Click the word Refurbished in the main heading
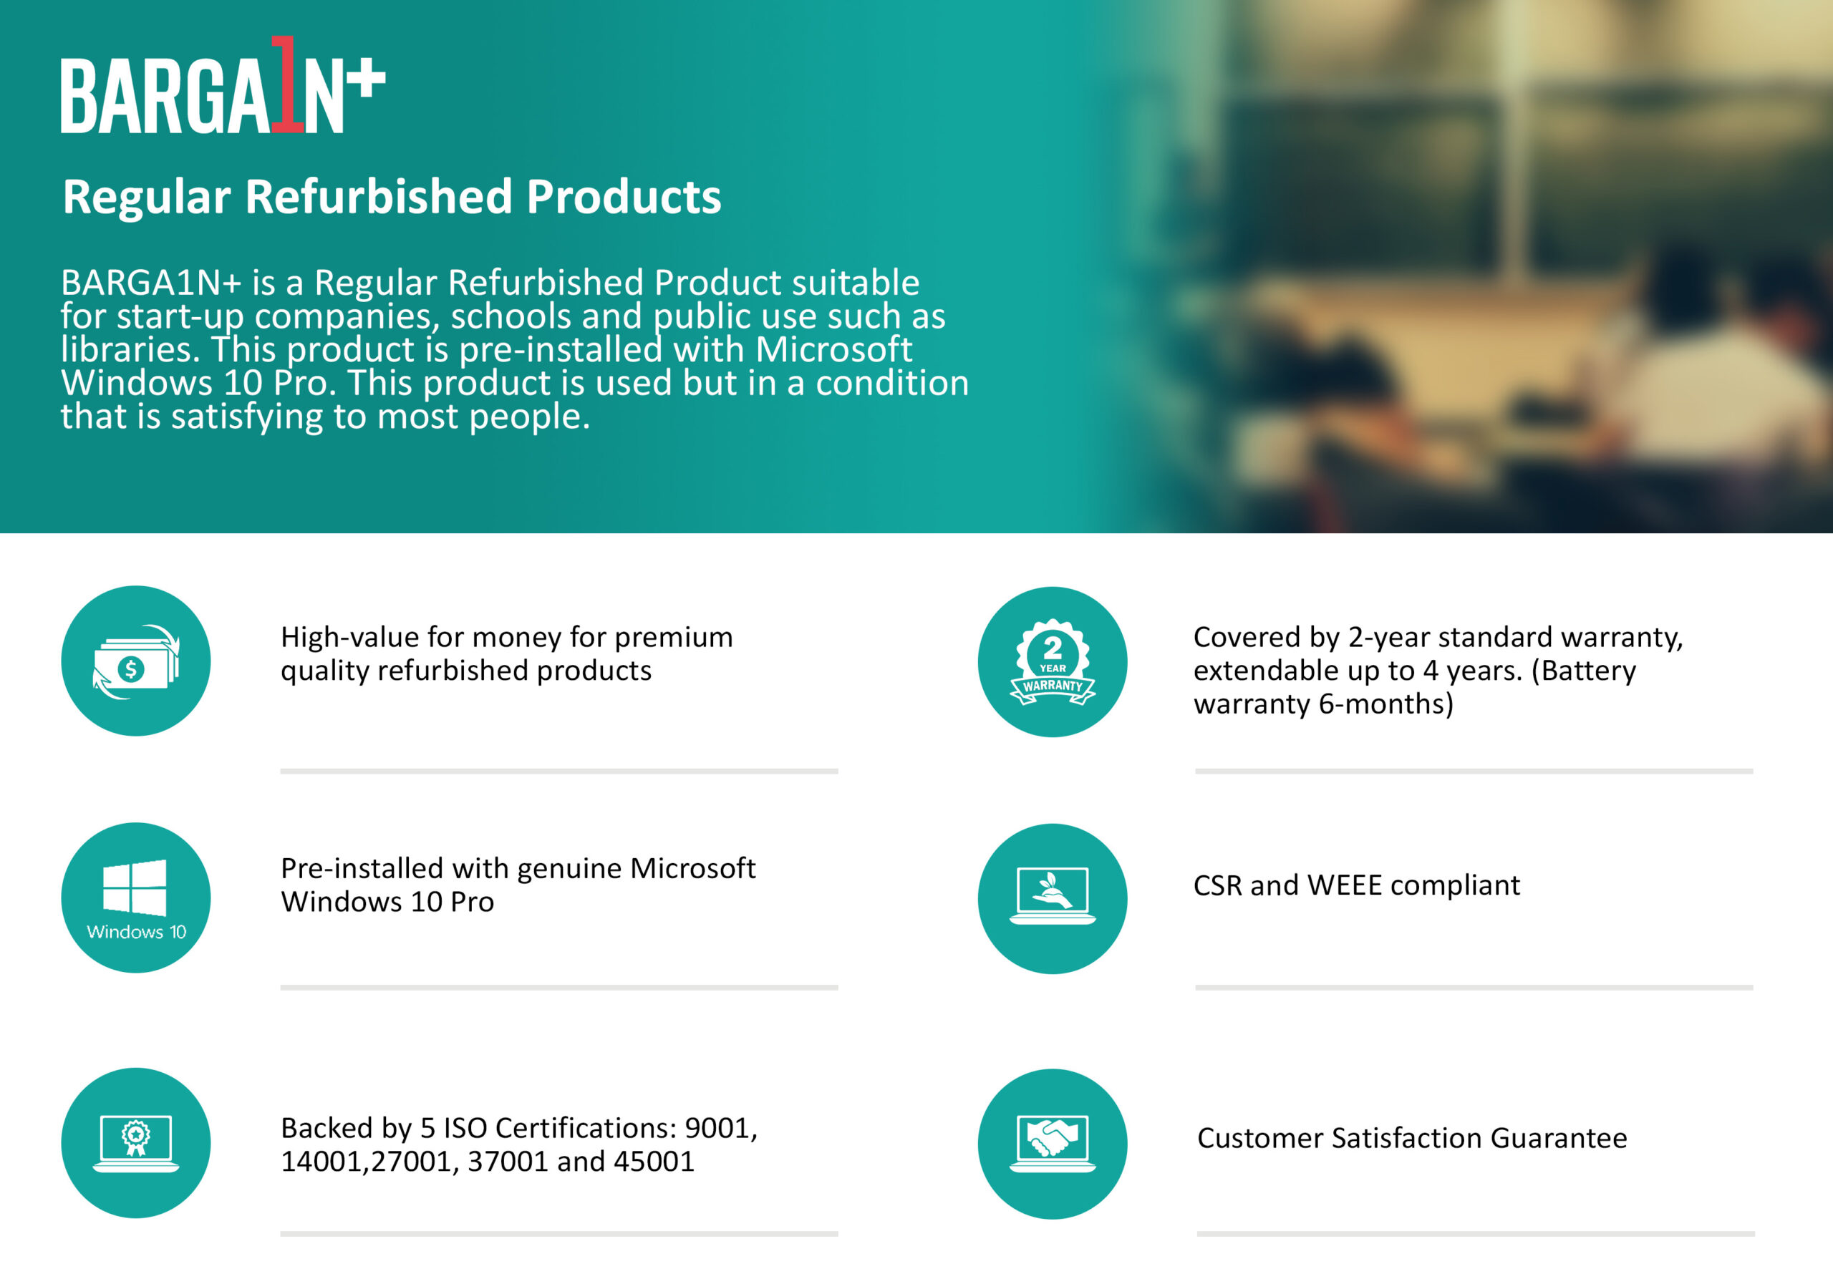click(x=379, y=196)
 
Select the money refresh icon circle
click(x=136, y=661)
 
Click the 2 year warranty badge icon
click(x=1053, y=661)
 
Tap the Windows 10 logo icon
click(x=136, y=898)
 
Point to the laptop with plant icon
click(x=1053, y=898)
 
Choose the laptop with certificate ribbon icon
click(x=136, y=1142)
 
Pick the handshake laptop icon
click(x=1053, y=1143)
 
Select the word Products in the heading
click(x=624, y=196)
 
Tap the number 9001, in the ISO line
click(x=721, y=1128)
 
